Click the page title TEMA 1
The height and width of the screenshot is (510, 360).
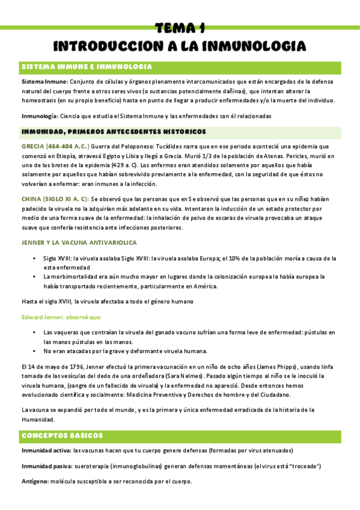click(180, 28)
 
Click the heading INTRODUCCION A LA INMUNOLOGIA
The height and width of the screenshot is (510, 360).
click(180, 46)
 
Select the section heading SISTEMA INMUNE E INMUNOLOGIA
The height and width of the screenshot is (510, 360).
click(87, 66)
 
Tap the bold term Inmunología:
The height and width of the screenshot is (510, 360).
click(40, 115)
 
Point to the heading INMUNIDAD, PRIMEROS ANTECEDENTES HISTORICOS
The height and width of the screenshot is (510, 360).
click(114, 131)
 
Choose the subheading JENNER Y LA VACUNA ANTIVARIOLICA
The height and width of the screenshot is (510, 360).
click(79, 242)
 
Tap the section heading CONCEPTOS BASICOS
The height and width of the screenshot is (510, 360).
click(63, 435)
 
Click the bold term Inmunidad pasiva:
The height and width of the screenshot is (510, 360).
click(46, 466)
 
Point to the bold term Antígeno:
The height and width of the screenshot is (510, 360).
click(37, 482)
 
